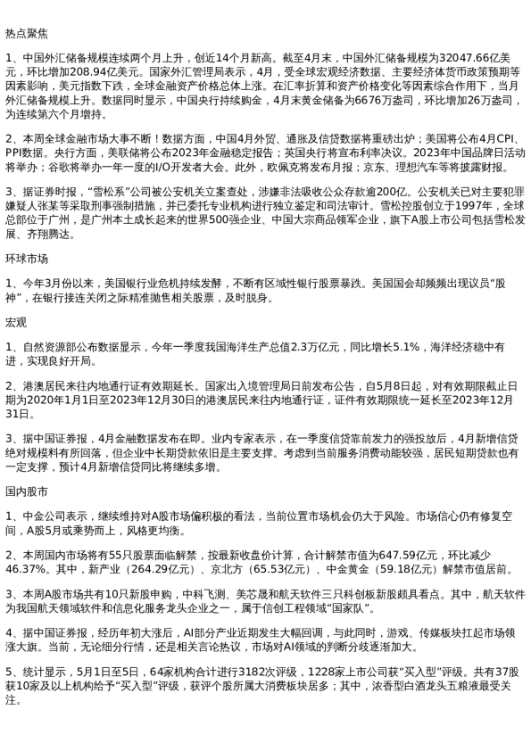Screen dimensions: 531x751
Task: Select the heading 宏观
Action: pyautogui.click(x=16, y=321)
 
